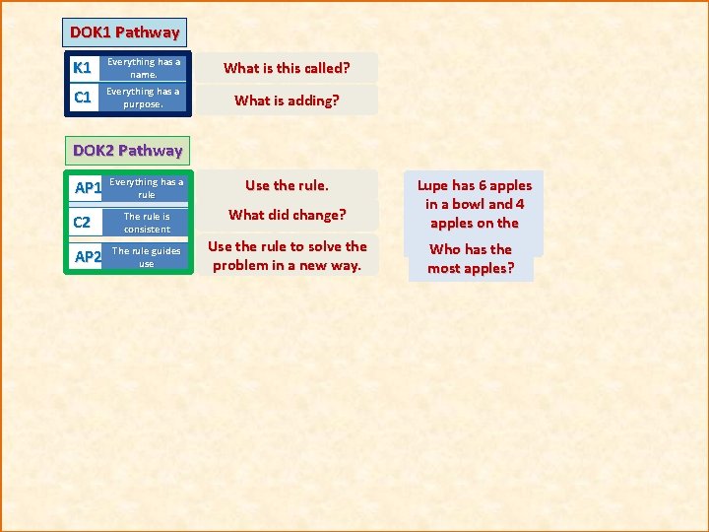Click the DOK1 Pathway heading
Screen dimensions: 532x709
[x=124, y=33]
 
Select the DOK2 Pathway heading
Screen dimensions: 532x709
[x=128, y=151]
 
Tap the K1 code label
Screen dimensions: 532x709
[x=83, y=68]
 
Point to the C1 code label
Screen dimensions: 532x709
[x=83, y=98]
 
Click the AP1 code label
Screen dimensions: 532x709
[x=89, y=188]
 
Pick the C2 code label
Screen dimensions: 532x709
[x=84, y=223]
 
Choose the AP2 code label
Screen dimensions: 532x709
[x=89, y=257]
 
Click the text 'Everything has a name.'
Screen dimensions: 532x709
[x=144, y=68]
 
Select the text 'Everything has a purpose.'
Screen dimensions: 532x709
[x=144, y=98]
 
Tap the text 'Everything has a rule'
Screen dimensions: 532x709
[x=146, y=188]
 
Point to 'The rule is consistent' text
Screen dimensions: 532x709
[x=146, y=223]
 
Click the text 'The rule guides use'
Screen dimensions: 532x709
[x=146, y=257]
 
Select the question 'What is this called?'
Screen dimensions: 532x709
[x=287, y=68]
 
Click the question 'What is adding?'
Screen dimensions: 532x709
[x=287, y=100]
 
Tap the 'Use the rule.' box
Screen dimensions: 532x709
[x=287, y=185]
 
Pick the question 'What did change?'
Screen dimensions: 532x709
[x=287, y=215]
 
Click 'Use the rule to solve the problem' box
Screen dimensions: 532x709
[x=287, y=255]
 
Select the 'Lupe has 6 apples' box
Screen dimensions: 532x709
[x=474, y=204]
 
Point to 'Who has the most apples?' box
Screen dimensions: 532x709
[x=471, y=259]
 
